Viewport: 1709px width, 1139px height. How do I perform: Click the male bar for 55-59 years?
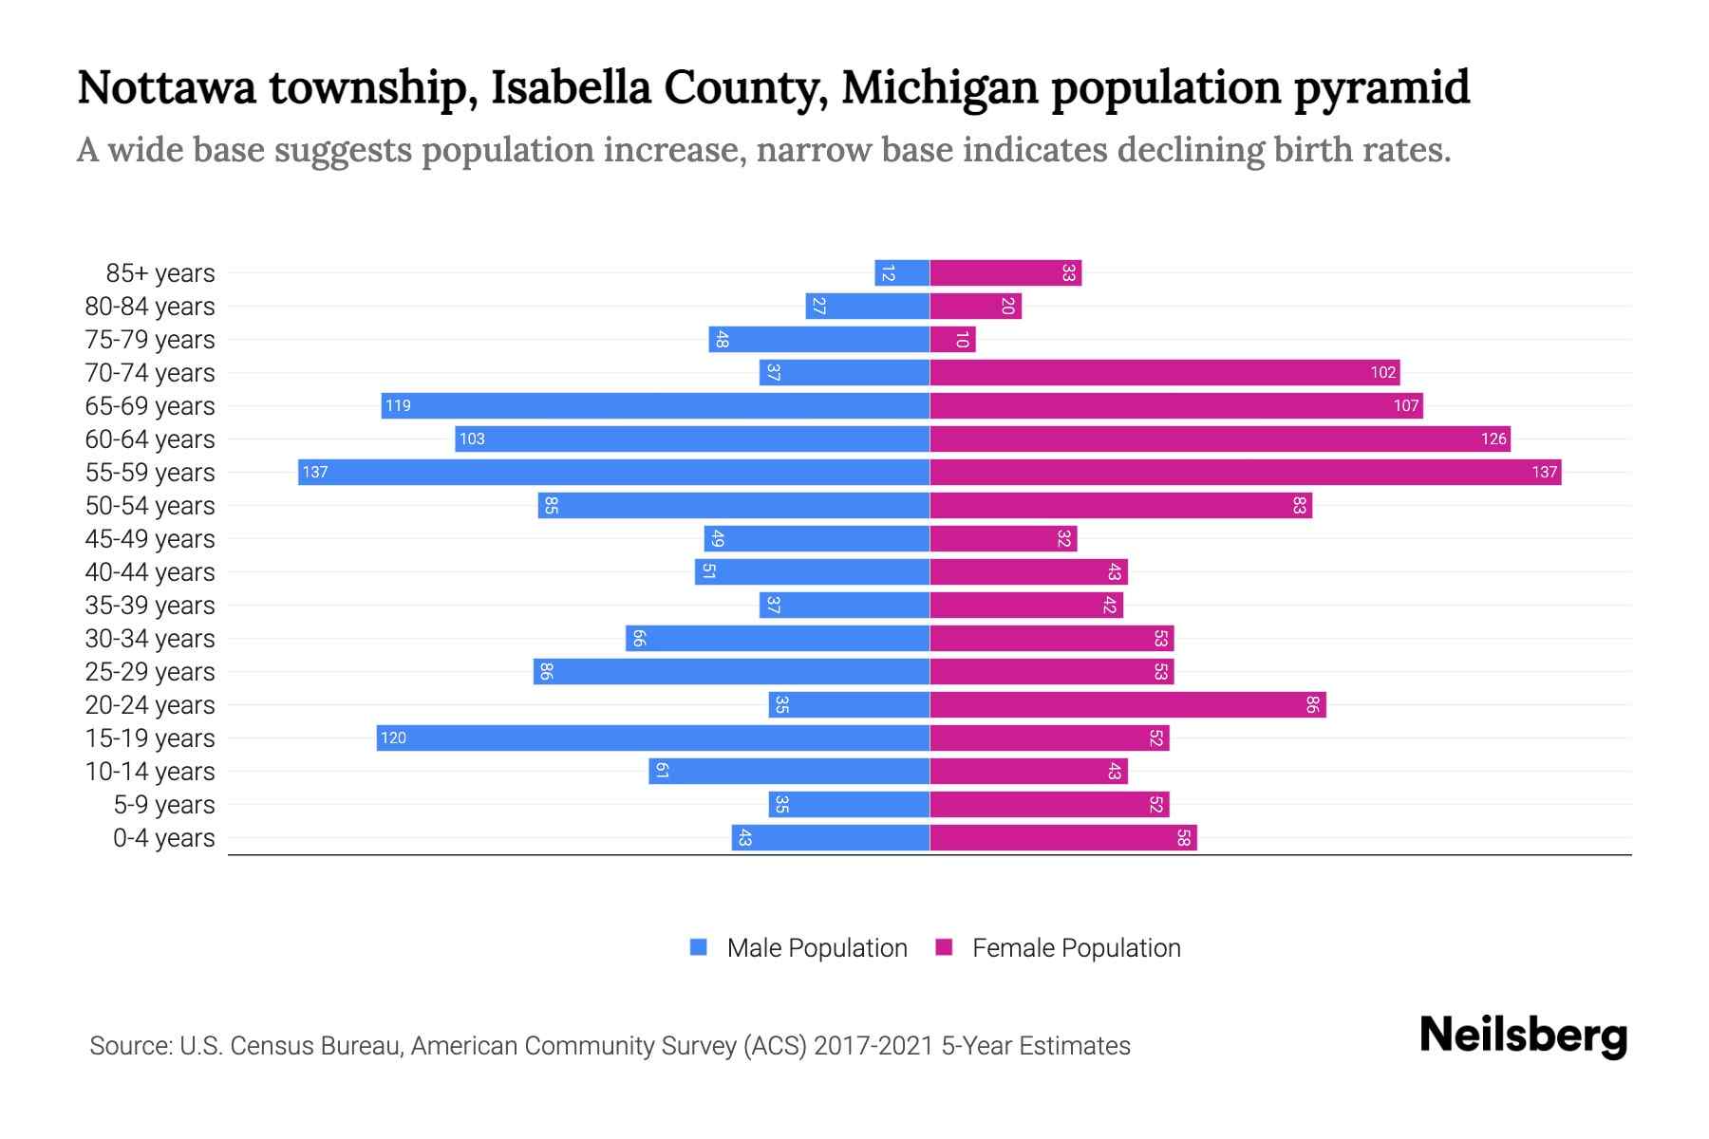613,472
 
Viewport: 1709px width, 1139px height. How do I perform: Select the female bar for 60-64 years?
1220,439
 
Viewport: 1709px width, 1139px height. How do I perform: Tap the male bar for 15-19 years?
653,738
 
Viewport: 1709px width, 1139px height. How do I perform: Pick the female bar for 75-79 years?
952,339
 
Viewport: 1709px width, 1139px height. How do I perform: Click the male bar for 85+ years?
902,272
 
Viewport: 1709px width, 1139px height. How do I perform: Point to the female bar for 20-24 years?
1128,704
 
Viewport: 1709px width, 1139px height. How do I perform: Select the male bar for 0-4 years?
831,837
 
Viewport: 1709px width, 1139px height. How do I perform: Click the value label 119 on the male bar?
398,405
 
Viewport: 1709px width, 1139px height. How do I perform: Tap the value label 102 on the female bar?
1382,372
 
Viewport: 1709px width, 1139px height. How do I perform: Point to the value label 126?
1493,439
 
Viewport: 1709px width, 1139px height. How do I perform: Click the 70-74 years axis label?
150,372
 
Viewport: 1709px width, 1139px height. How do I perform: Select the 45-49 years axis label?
150,538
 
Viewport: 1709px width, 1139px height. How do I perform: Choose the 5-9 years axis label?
163,804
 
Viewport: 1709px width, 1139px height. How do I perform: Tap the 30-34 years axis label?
150,638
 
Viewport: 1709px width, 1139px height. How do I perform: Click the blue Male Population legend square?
699,947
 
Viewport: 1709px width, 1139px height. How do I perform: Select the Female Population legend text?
1076,947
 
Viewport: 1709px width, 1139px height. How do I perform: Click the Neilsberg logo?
1523,1035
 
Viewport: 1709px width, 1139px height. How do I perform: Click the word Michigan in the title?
939,87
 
